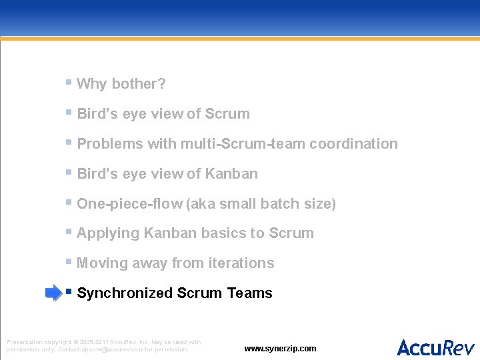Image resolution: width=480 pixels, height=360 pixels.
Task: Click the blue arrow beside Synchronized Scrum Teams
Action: (x=53, y=293)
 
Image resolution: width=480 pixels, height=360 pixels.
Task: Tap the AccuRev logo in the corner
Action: (x=435, y=347)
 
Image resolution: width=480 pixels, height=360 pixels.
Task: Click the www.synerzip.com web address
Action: (x=280, y=349)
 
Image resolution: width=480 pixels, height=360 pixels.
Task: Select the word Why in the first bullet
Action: (x=92, y=84)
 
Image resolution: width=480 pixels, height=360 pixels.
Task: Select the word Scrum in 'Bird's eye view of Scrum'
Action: (x=227, y=114)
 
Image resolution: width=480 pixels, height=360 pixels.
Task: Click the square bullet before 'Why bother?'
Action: (x=69, y=83)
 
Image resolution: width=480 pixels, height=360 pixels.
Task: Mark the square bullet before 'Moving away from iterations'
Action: (x=69, y=262)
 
